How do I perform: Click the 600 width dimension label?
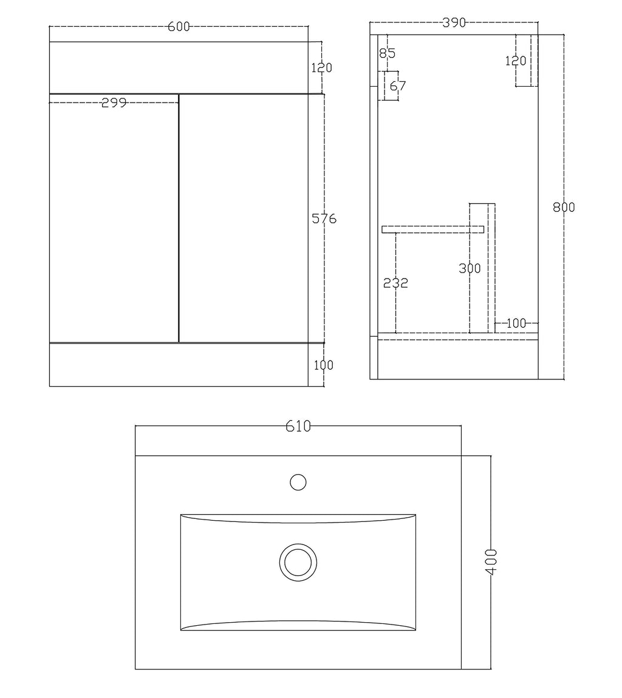click(x=179, y=27)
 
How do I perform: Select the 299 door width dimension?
click(x=114, y=103)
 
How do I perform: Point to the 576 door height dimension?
click(x=324, y=219)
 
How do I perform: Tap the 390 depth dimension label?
click(x=454, y=23)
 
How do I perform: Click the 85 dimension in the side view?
click(x=387, y=53)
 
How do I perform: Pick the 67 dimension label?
click(x=397, y=86)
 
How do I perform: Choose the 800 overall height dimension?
click(x=564, y=207)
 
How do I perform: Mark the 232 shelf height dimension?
click(x=396, y=283)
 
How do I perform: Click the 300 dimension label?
click(x=470, y=268)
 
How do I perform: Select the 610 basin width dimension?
click(x=298, y=427)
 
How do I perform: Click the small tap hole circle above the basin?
click(x=298, y=483)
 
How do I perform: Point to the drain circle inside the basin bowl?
click(x=298, y=560)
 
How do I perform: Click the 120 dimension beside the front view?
click(x=321, y=68)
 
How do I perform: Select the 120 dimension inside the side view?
click(x=516, y=61)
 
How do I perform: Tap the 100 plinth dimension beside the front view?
click(x=324, y=365)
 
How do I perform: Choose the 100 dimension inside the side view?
click(x=516, y=324)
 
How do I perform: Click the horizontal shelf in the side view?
click(x=432, y=229)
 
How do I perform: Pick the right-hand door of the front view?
click(x=243, y=219)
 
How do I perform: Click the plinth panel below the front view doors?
click(x=179, y=365)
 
